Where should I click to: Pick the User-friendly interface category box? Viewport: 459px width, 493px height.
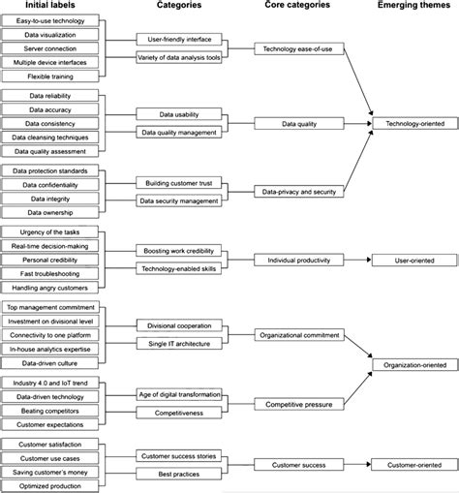point(180,40)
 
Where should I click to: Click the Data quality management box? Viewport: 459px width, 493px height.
point(180,131)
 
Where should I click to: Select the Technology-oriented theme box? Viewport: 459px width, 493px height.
point(411,125)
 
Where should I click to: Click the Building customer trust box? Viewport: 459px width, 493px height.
point(180,183)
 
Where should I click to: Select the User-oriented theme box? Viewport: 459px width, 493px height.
point(411,261)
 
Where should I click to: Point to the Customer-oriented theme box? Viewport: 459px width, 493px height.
point(411,465)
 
